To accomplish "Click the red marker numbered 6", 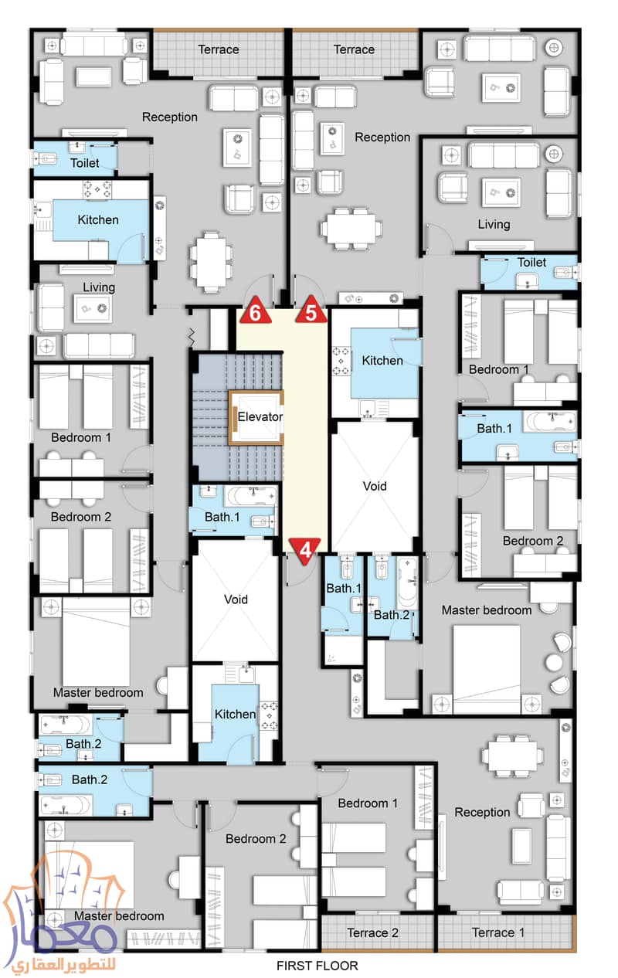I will [x=254, y=312].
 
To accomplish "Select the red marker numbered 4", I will [x=306, y=551].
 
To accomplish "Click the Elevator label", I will [x=260, y=417].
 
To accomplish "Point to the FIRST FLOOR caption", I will [x=317, y=965].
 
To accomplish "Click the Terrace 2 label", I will [x=372, y=932].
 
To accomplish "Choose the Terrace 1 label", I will [x=498, y=932].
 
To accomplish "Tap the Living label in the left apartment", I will [x=99, y=287].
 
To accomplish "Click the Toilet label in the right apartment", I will [x=531, y=263].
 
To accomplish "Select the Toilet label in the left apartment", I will [x=84, y=163].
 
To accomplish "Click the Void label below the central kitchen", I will [x=375, y=487].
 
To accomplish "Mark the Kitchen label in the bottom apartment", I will [x=235, y=714].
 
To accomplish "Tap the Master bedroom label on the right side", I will [x=486, y=610].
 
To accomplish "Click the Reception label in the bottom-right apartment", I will [x=482, y=812].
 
